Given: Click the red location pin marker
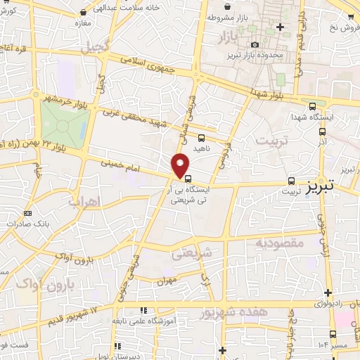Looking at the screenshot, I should click(x=181, y=166).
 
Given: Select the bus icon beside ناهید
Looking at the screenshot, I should click(x=202, y=139).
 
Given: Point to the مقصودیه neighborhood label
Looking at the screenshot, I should click(x=280, y=244).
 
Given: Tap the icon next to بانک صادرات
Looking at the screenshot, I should click(x=27, y=213).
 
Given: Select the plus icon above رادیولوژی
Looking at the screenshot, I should click(x=328, y=292).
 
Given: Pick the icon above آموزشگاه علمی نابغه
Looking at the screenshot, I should click(x=143, y=310).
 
